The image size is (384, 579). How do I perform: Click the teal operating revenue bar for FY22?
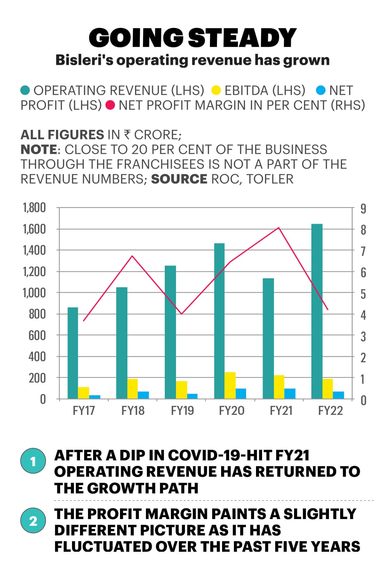[317, 311]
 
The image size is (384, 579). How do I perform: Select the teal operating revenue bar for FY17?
[73, 353]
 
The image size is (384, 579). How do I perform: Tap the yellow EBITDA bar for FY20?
[230, 385]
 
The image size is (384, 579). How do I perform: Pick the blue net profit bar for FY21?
[290, 394]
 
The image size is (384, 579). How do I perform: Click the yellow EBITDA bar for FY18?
[132, 389]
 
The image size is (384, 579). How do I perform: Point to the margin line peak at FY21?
[279, 228]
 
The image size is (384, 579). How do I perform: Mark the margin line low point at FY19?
[181, 314]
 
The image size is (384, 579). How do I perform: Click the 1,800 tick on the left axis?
[34, 208]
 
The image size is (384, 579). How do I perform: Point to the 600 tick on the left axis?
[37, 335]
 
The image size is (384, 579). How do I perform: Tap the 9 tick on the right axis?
[363, 209]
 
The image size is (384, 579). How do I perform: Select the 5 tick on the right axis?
[363, 294]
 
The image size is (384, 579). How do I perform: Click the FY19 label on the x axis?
[182, 411]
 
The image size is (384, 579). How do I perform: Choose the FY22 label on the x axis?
[330, 411]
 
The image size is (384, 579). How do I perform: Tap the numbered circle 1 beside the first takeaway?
[33, 462]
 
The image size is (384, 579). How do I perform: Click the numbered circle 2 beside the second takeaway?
[33, 521]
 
